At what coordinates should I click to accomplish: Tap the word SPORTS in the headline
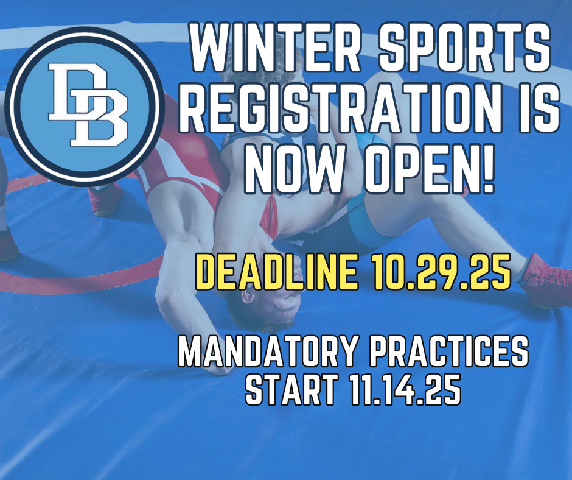459,48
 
